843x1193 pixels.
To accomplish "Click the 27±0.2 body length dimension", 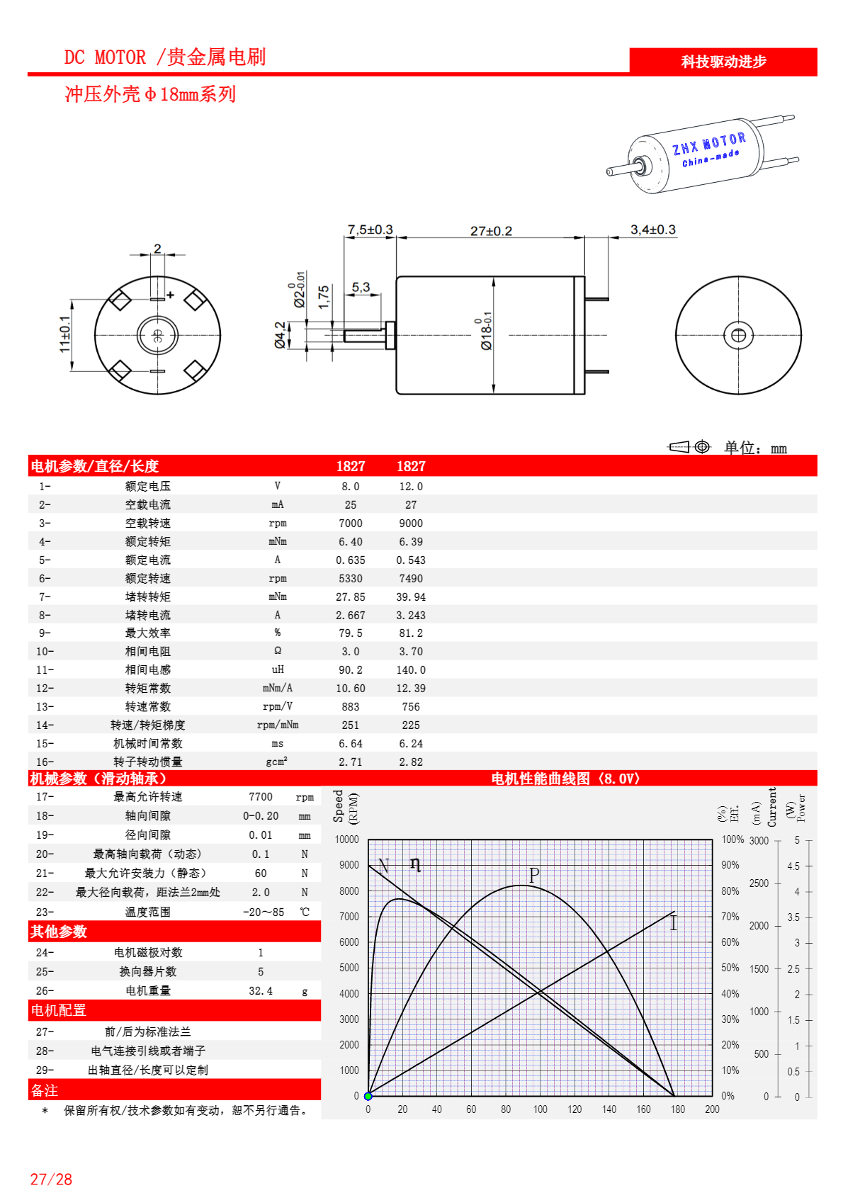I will [x=491, y=231].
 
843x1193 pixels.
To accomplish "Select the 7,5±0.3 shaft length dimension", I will [x=370, y=230].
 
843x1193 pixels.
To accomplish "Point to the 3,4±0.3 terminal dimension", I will [x=652, y=230].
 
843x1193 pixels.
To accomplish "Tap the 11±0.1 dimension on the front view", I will [x=64, y=334].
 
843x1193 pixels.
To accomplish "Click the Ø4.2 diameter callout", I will [x=281, y=335].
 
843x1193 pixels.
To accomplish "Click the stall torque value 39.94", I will [x=411, y=596].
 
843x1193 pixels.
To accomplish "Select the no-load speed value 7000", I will [x=351, y=523].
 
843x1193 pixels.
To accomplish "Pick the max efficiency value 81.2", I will [x=411, y=633].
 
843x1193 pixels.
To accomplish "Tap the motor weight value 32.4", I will [x=261, y=990].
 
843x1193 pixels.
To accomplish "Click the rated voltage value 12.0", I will [x=411, y=486].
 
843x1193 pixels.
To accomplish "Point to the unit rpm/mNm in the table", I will [x=278, y=725].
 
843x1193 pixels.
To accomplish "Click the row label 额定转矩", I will [x=148, y=541].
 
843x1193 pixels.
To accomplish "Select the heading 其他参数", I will [x=59, y=932].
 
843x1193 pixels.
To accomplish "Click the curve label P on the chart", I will [x=534, y=875].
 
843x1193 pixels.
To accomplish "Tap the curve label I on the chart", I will [x=673, y=922].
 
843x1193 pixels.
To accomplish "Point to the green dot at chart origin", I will [x=368, y=1096].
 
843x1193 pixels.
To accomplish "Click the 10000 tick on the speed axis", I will [x=347, y=839].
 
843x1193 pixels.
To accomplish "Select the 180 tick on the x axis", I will [x=678, y=1109].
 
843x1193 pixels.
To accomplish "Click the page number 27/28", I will [x=51, y=1179].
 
